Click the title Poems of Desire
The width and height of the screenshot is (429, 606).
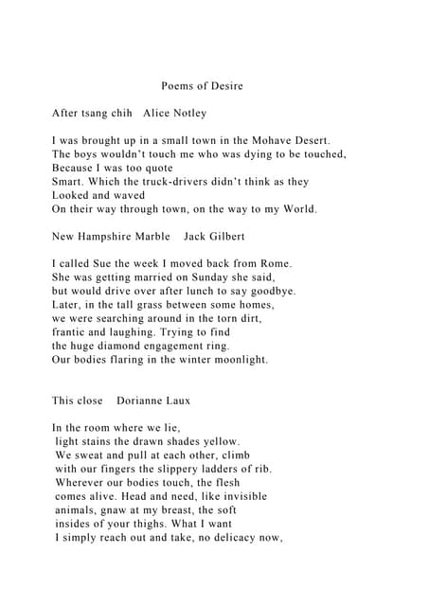[202, 86]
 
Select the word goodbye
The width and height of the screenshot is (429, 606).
[272, 291]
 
